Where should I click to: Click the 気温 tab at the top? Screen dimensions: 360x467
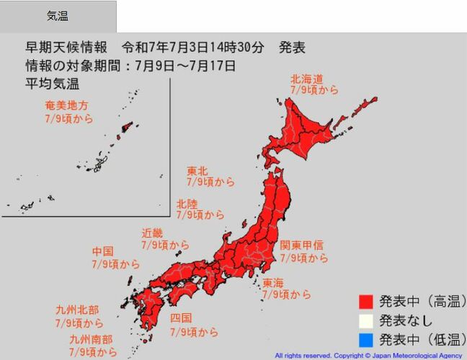58,16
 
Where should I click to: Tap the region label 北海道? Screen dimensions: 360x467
306,79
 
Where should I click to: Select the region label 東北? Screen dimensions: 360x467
197,171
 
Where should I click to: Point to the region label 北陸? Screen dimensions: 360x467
187,203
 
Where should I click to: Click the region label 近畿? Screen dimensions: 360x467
152,234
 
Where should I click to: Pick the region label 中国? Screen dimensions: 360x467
103,252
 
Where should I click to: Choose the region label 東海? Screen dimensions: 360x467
273,283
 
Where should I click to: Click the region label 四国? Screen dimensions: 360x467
180,318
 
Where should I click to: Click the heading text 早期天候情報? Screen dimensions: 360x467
67,48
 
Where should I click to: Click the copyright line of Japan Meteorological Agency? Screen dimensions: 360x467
370,356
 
